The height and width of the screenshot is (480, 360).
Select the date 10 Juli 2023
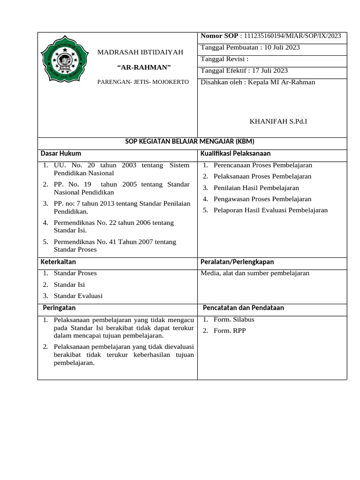click(x=282, y=47)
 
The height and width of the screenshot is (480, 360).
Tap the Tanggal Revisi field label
click(x=224, y=59)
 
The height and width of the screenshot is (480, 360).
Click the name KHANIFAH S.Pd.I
click(x=278, y=121)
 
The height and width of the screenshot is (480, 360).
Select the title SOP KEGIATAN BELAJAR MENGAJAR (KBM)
click(x=192, y=142)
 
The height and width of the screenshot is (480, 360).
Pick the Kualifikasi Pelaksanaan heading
click(x=235, y=153)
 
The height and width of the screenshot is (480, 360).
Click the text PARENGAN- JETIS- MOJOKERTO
click(x=143, y=82)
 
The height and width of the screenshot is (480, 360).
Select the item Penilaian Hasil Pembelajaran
click(x=256, y=187)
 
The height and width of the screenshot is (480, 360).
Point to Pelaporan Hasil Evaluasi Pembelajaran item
click(x=270, y=210)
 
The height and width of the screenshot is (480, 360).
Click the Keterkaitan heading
click(x=58, y=262)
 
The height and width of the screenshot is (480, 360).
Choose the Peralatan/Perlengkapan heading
click(x=237, y=262)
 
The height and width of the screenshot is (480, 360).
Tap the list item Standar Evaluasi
click(x=78, y=296)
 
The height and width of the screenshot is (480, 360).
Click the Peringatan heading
click(x=59, y=307)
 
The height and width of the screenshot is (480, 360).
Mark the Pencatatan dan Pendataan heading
click(x=243, y=307)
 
